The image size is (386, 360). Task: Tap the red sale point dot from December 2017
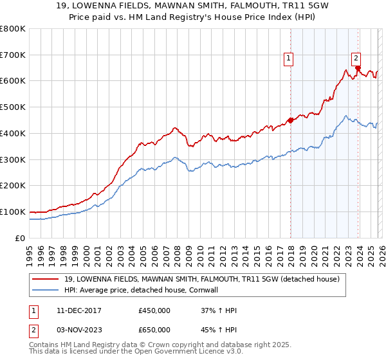(x=290, y=120)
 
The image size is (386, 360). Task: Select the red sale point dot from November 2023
(x=358, y=67)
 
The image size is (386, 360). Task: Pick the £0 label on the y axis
(x=21, y=238)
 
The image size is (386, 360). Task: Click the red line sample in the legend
(x=46, y=279)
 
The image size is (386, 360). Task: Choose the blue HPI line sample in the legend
(x=46, y=290)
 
